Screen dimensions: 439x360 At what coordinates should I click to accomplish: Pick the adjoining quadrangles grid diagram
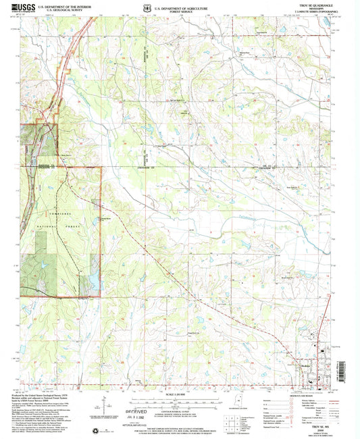pos(238,410)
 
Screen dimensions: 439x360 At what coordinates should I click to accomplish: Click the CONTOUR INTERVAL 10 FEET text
pos(180,407)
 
